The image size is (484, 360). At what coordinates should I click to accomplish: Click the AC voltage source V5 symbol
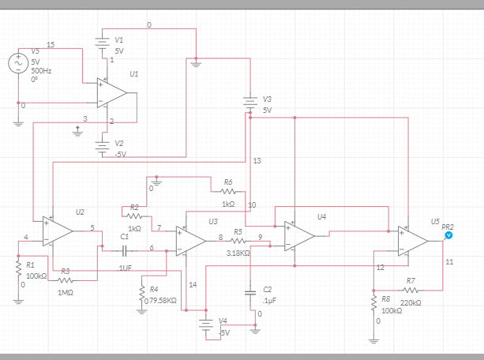18,64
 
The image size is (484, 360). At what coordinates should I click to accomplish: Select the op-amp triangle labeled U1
113,92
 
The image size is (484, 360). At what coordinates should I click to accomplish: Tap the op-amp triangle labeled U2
58,230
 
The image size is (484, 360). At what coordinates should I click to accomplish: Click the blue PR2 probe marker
448,235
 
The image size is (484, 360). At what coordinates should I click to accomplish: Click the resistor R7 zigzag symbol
410,290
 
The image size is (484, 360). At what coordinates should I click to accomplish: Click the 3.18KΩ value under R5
238,253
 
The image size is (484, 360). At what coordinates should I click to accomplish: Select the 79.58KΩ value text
163,300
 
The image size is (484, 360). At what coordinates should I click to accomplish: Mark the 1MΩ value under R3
66,293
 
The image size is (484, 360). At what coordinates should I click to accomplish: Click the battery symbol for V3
250,103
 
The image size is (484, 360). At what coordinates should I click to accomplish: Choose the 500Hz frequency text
41,71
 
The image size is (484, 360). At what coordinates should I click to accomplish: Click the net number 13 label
257,160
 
